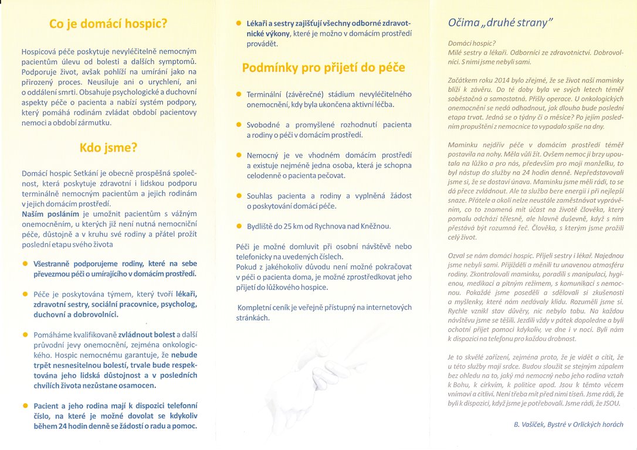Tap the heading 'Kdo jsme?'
coord(109,147)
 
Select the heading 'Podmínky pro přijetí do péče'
coord(323,67)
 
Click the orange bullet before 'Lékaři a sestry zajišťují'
coord(239,23)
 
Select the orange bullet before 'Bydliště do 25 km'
coord(239,226)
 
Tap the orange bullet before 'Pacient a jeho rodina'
coord(26,405)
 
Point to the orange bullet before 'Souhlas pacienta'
coord(239,195)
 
